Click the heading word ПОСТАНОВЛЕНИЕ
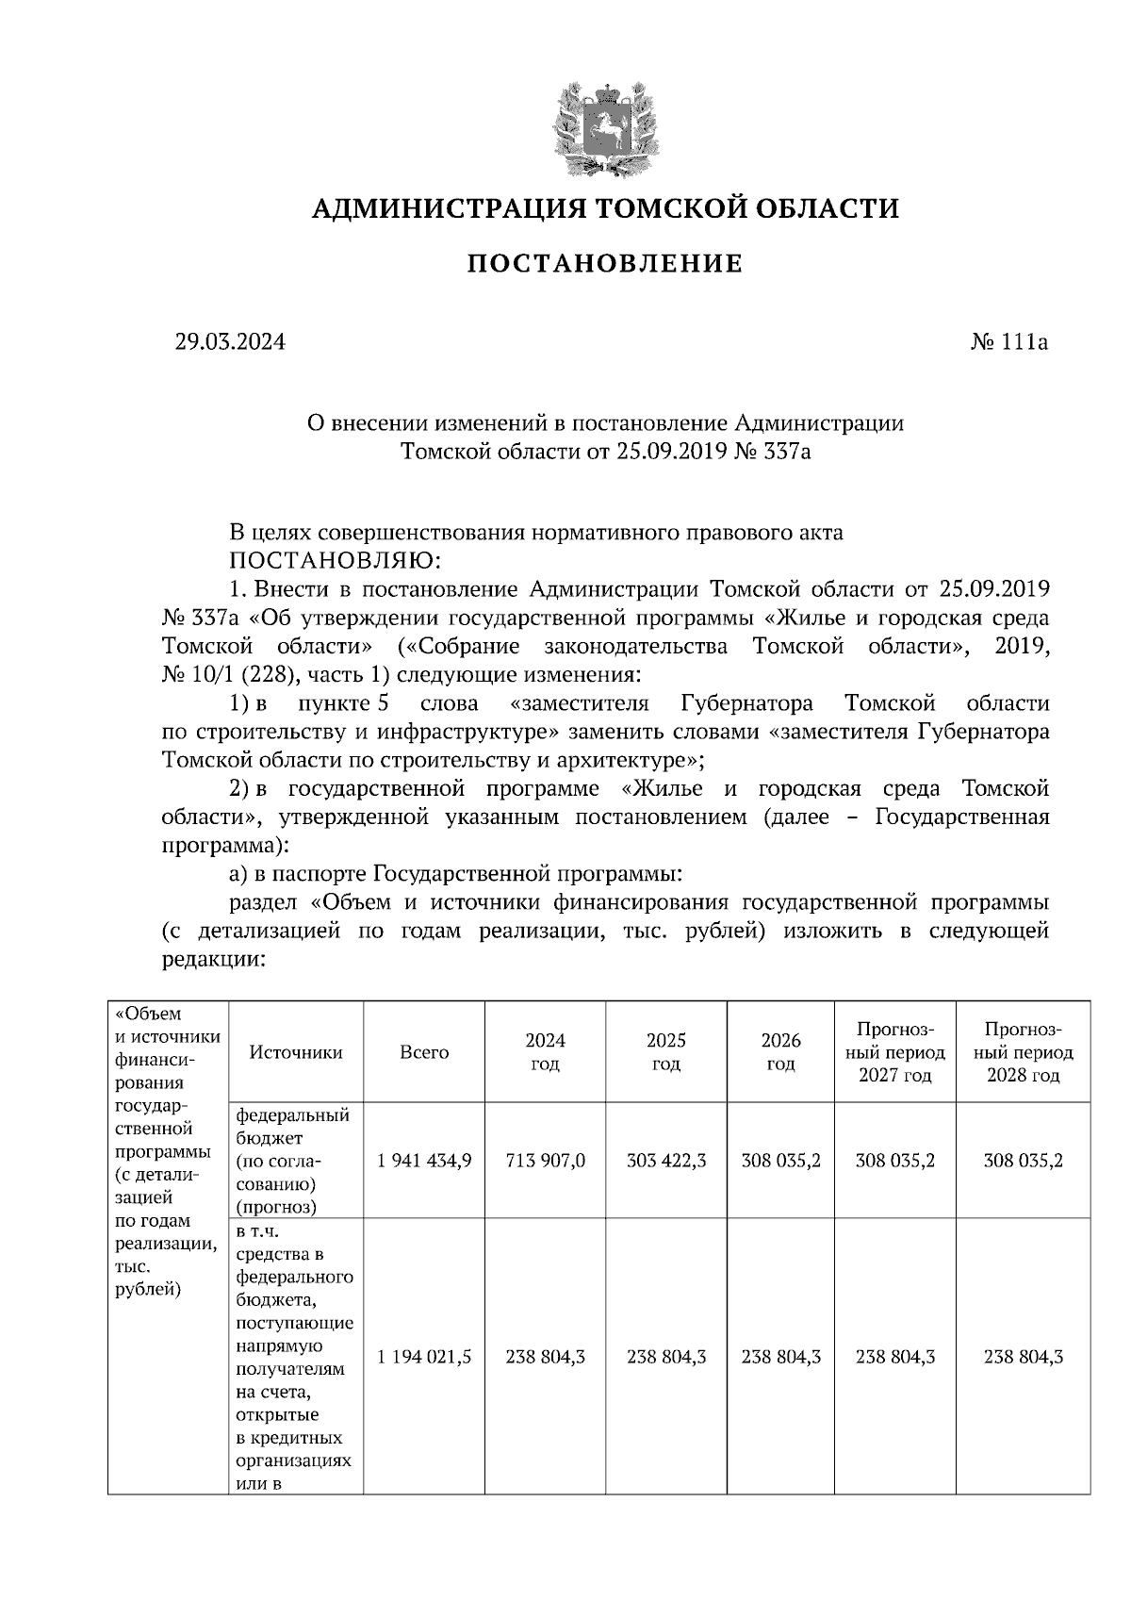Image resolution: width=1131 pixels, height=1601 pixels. coord(605,264)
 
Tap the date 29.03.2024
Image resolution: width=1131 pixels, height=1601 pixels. coord(229,342)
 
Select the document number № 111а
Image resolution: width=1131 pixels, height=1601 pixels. coord(1008,342)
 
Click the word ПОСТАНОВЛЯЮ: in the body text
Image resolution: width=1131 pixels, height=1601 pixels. coord(336,561)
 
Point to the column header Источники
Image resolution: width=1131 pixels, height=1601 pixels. coord(296,1052)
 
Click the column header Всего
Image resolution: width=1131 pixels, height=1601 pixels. coord(424,1052)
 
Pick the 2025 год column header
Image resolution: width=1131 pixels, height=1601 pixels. coord(666,1052)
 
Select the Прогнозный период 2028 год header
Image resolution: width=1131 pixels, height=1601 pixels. coord(1023,1052)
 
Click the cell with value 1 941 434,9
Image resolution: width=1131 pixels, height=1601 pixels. coord(424,1161)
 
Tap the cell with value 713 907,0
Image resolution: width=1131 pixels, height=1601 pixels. coord(545,1161)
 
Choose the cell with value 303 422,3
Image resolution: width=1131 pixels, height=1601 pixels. coord(666,1161)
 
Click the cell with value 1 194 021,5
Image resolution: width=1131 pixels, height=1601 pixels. coord(424,1357)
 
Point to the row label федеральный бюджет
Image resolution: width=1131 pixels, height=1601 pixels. coord(292,1127)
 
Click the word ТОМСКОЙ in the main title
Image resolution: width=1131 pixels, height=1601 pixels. coord(658,208)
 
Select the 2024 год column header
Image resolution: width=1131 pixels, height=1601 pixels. coord(545,1052)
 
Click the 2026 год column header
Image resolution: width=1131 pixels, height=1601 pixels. coord(780,1052)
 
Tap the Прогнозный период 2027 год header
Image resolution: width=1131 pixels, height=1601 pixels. coord(894,1052)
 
